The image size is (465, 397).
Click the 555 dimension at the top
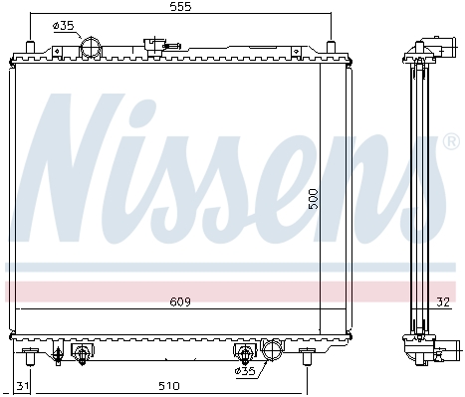click(x=180, y=7)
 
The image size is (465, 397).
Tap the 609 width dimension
click(x=180, y=301)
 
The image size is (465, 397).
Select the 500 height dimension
click(x=313, y=199)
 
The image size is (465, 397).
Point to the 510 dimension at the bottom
click(x=169, y=386)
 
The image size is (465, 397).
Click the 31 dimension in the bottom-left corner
click(x=22, y=386)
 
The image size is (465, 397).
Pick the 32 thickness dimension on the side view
click(x=443, y=301)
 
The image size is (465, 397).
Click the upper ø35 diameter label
click(x=63, y=26)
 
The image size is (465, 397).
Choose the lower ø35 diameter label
click(x=245, y=371)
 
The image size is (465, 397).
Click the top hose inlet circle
click(x=91, y=48)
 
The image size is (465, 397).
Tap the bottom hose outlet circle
click(x=272, y=349)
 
